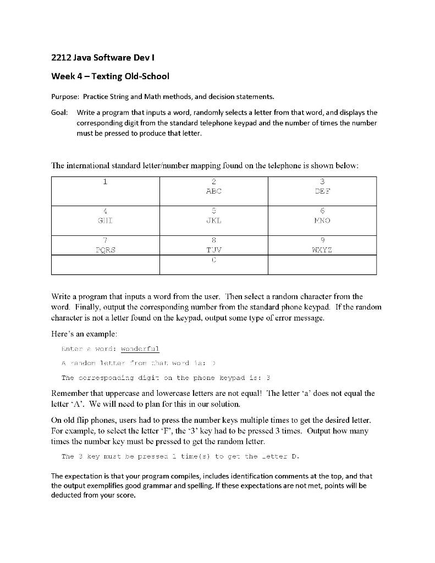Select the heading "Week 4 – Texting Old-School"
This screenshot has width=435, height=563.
point(110,76)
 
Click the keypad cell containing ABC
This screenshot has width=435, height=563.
point(213,191)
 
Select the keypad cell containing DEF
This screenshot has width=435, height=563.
point(322,191)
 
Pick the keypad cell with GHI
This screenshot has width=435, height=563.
point(105,220)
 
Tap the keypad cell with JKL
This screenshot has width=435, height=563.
point(213,220)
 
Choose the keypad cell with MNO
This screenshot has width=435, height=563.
point(322,220)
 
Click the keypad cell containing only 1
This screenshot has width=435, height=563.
point(105,191)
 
